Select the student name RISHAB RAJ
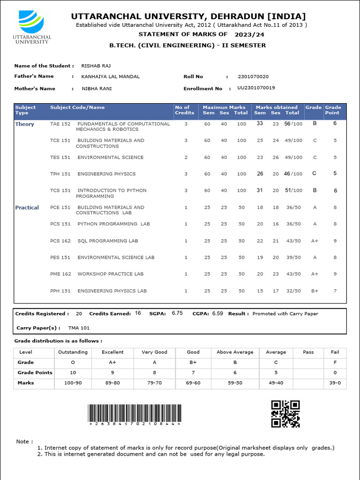pos(96,66)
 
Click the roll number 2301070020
pos(253,76)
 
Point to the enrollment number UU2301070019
pos(256,88)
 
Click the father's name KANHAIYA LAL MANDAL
pos(110,76)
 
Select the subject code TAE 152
pos(60,124)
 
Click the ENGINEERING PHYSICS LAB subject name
pos(112,291)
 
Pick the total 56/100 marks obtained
pos(293,124)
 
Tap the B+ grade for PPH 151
pos(315,291)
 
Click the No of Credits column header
pos(184,110)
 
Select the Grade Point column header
pos(333,110)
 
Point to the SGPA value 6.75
pos(177,313)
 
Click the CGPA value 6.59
pos(218,313)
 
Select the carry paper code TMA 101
pos(79,328)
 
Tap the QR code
pos(285,413)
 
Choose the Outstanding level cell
pos(73,352)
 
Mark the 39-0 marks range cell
pos(335,383)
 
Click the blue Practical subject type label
pos(27,208)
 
